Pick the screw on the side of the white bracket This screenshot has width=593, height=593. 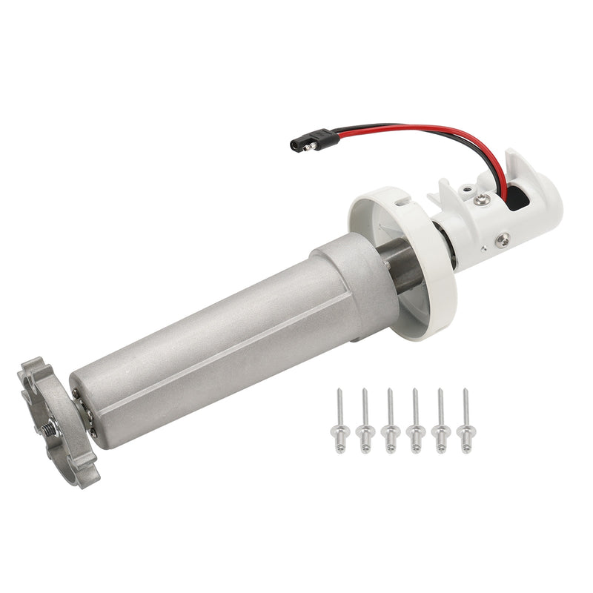coord(503,239)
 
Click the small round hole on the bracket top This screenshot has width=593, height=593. coord(465,191)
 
